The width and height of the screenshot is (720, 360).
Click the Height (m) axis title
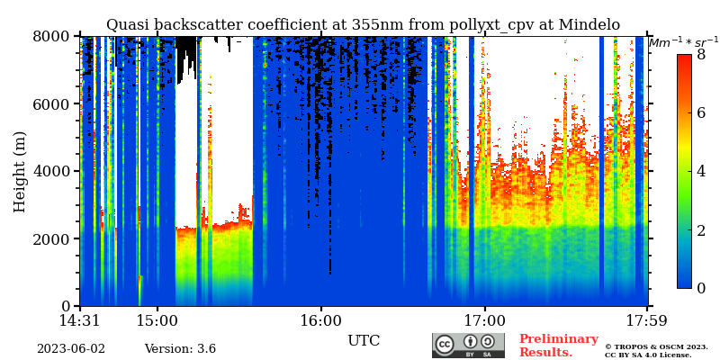coord(20,171)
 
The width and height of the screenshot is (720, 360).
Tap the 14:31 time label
coord(80,321)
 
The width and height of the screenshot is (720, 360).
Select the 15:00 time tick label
coord(157,321)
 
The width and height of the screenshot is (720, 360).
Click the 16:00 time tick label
coord(321,321)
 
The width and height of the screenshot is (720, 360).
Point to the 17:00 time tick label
coord(485,321)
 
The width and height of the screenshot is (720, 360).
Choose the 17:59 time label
coord(648,321)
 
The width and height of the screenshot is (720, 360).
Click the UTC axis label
coord(364,341)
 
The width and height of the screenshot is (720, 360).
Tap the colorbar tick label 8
coord(701,55)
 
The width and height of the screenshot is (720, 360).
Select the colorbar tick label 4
coord(701,171)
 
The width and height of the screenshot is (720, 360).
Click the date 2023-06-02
coord(70,349)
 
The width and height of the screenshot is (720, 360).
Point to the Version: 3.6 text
coord(180,349)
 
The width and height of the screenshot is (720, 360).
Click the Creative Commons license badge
coord(468,346)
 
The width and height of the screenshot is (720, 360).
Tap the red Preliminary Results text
coord(558,346)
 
